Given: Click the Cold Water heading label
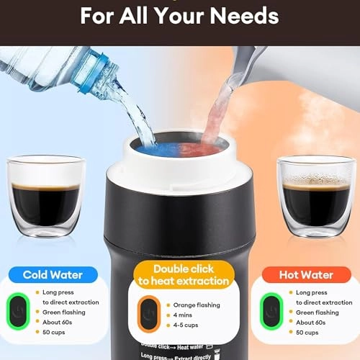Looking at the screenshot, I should [53, 274].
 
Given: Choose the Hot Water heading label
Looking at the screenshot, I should [306, 274].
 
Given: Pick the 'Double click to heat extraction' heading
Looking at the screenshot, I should [180, 274].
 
